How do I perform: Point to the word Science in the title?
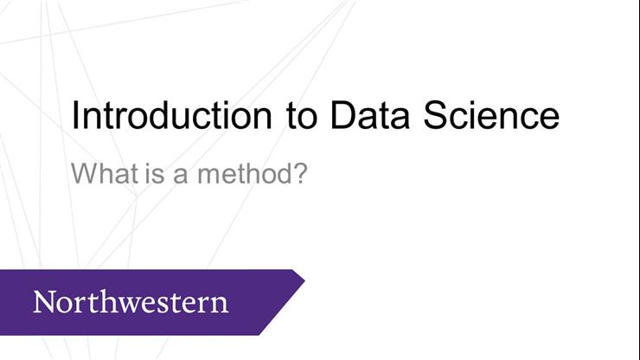coord(490,116)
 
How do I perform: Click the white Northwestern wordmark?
coord(131,302)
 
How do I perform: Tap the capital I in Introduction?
coord(75,116)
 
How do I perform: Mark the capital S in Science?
coord(434,116)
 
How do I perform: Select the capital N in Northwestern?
coord(43,302)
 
